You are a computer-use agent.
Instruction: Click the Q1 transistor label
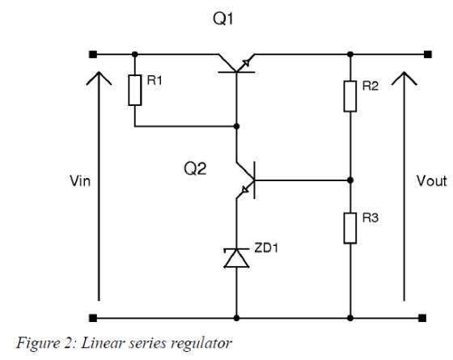pyautogui.click(x=222, y=19)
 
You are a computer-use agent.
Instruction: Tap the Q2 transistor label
pyautogui.click(x=195, y=169)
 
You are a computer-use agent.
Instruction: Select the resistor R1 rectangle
pyautogui.click(x=135, y=90)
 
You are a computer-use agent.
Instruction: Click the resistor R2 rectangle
pyautogui.click(x=350, y=96)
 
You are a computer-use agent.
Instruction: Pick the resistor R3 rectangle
pyautogui.click(x=350, y=228)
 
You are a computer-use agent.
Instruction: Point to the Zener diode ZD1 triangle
pyautogui.click(x=236, y=258)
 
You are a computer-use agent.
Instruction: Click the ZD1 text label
pyautogui.click(x=266, y=248)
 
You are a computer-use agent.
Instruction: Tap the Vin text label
pyautogui.click(x=80, y=181)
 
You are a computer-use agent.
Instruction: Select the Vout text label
pyautogui.click(x=432, y=181)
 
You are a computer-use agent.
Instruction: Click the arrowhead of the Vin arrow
pyautogui.click(x=99, y=78)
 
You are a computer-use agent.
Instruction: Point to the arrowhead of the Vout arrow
pyautogui.click(x=404, y=78)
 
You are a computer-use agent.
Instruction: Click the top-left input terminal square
pyautogui.click(x=93, y=54)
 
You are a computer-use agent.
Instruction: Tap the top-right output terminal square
pyautogui.click(x=428, y=54)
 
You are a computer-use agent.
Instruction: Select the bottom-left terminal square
pyautogui.click(x=93, y=318)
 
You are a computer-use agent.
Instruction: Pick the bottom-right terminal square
pyautogui.click(x=422, y=318)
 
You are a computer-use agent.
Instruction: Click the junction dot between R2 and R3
pyautogui.click(x=350, y=180)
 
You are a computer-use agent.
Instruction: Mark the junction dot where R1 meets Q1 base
pyautogui.click(x=236, y=126)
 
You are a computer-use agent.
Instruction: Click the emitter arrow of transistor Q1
pyautogui.click(x=246, y=63)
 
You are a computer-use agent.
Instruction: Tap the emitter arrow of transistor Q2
pyautogui.click(x=245, y=189)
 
